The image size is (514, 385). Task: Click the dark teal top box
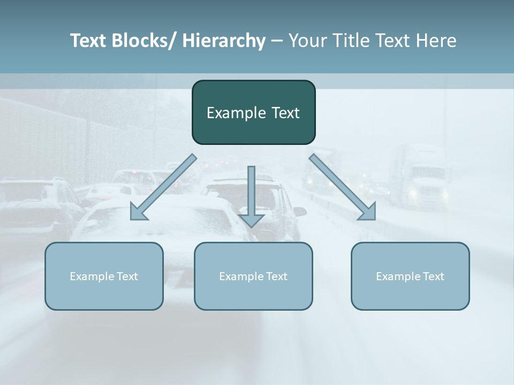pos(253,112)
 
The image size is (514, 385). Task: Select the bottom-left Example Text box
pos(104,276)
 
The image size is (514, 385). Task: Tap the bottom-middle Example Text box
pos(253,276)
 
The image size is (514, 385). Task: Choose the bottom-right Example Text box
pos(410,276)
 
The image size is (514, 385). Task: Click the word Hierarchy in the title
pos(224,41)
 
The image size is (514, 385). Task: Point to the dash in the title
pos(277,41)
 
